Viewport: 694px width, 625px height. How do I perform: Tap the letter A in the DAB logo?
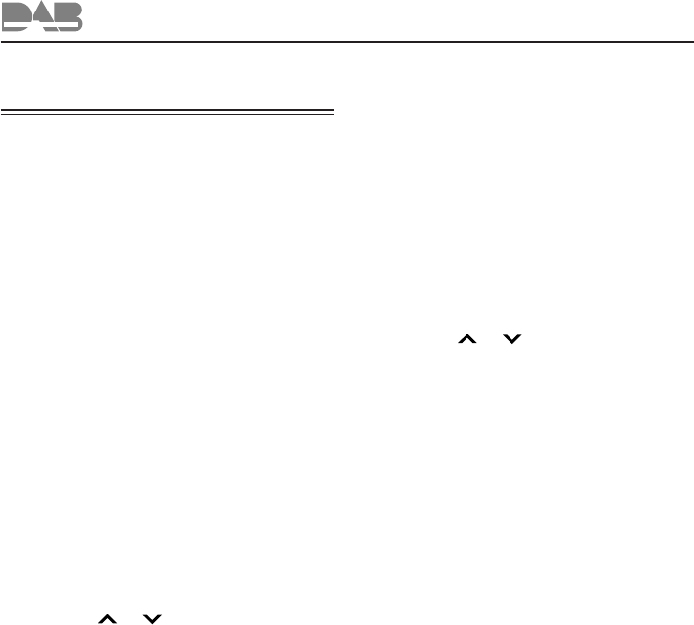tap(44, 18)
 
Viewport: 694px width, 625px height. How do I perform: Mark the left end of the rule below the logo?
tap(2, 42)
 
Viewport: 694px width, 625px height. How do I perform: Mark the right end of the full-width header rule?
tap(691, 42)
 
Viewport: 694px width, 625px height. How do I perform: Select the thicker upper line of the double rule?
tap(167, 109)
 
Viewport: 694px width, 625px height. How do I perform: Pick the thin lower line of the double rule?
tap(167, 114)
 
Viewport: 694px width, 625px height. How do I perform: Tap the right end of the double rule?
tap(333, 111)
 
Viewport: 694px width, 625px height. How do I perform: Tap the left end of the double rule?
tap(3, 111)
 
